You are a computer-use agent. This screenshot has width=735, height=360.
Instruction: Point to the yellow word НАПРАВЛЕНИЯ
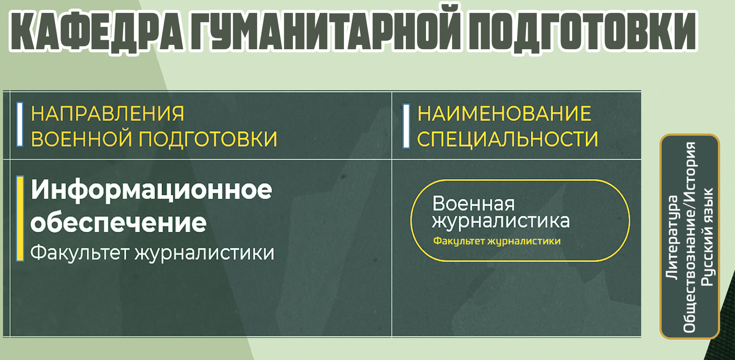(x=107, y=113)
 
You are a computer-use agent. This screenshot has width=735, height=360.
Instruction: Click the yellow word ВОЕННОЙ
(x=81, y=139)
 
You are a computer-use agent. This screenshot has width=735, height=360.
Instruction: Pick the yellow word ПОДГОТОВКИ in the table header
(x=208, y=139)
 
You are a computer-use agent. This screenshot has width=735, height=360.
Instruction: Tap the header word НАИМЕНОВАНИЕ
(x=504, y=113)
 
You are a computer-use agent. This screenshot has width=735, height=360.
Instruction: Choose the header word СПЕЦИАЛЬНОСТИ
(x=508, y=139)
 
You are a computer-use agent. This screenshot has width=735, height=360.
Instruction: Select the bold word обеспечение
(x=118, y=222)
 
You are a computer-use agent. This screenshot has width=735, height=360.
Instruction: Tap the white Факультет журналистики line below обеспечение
(x=152, y=253)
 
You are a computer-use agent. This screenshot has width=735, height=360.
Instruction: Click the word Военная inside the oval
(x=473, y=203)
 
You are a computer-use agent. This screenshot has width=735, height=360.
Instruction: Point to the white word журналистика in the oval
(x=501, y=221)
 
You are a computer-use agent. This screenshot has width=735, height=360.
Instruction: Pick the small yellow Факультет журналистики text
(x=497, y=241)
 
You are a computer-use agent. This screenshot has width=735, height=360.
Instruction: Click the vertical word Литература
(x=672, y=238)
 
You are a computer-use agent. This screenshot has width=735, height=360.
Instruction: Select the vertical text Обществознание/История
(x=689, y=237)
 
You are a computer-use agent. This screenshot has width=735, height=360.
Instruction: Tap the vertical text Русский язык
(x=707, y=237)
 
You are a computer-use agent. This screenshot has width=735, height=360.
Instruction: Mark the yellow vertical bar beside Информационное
(x=20, y=219)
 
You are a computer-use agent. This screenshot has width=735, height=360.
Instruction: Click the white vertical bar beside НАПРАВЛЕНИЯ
(x=20, y=124)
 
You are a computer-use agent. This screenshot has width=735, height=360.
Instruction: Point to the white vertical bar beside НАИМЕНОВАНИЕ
(x=406, y=126)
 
